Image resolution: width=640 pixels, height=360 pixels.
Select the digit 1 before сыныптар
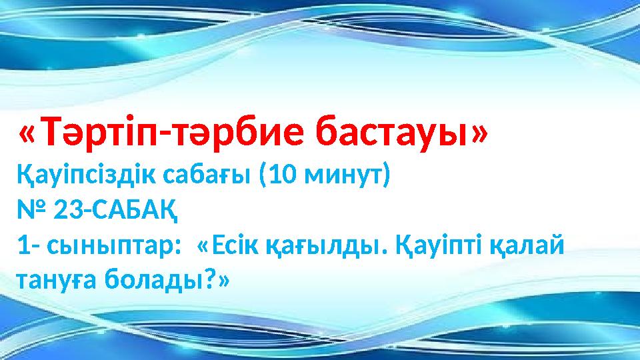23,249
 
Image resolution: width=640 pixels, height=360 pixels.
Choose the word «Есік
231,249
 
